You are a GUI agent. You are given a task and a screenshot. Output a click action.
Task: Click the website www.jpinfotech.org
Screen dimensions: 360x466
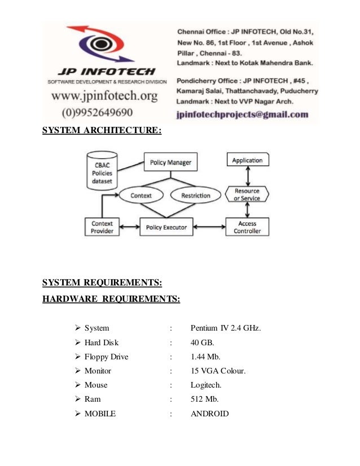point(104,96)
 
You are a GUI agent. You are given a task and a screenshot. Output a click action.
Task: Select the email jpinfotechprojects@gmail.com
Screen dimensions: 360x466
point(243,114)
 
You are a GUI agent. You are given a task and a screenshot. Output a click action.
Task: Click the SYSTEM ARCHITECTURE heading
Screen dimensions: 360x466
point(102,131)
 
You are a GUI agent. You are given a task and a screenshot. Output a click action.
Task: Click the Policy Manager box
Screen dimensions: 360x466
point(170,163)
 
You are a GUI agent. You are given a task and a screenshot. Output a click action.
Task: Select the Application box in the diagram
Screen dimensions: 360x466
point(247,160)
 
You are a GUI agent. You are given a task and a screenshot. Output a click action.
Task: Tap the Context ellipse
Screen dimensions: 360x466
point(141,196)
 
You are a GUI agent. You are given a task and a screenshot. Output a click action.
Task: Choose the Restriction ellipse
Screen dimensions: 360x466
point(195,196)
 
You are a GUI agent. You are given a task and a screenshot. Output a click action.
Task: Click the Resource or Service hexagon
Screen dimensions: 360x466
point(247,195)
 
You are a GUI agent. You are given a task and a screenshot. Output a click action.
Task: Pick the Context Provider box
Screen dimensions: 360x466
point(102,227)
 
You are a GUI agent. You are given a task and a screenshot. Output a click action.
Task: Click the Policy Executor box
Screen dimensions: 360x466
point(166,227)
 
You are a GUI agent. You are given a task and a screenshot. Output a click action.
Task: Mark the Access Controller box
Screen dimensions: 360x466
point(247,227)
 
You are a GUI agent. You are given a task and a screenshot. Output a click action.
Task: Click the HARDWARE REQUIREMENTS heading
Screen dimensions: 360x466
point(111,298)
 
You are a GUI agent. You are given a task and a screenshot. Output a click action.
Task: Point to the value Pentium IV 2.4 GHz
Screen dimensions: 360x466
point(226,328)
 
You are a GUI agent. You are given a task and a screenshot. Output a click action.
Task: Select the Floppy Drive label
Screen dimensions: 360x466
point(106,357)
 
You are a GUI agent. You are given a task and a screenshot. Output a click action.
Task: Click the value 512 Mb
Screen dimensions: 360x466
point(204,399)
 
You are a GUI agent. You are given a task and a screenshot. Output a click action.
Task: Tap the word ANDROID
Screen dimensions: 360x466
point(210,414)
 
